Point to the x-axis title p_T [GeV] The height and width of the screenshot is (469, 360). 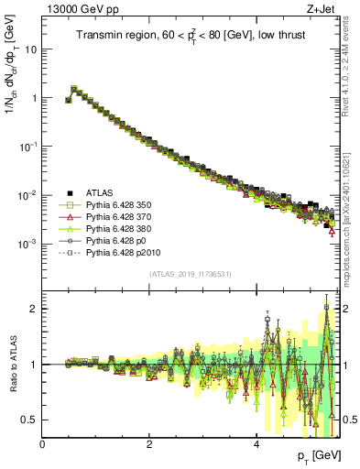coord(313,456)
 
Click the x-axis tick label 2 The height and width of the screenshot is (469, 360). coord(149,444)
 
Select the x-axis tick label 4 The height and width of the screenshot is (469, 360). coord(256,444)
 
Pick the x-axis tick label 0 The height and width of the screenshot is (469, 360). coord(42,444)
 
